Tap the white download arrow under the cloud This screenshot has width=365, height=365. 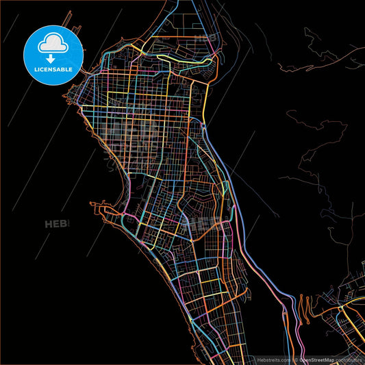click(x=53, y=51)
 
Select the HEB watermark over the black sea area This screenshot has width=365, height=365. click(x=58, y=224)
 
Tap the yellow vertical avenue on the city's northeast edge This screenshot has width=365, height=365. click(x=205, y=96)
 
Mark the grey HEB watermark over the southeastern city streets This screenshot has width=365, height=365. click(x=205, y=224)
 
